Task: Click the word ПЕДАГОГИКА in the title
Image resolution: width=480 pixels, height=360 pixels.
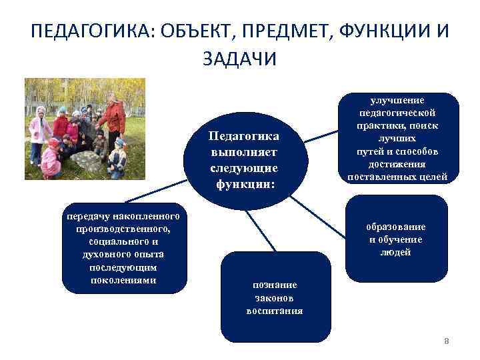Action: pos(90,32)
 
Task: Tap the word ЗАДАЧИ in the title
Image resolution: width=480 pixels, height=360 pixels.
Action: pos(239,59)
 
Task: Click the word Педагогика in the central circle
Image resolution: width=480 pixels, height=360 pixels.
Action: pos(244,136)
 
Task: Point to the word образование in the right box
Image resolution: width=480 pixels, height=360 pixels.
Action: pos(396,227)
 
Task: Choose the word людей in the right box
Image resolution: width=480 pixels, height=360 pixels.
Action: pos(396,252)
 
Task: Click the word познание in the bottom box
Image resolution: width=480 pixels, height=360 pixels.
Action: pos(274,285)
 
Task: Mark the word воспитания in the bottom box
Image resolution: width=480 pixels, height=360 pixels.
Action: pos(274,311)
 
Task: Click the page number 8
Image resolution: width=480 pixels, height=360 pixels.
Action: pos(447,341)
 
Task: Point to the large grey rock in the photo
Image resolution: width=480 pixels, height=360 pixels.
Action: pos(86,162)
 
